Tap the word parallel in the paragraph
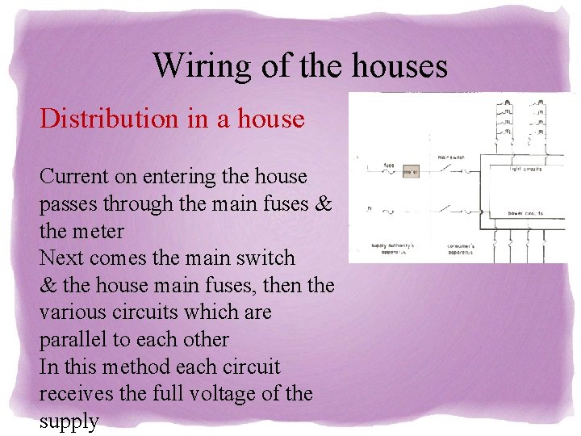(x=77, y=339)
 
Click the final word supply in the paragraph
(x=69, y=421)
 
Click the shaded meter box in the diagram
(x=411, y=171)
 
